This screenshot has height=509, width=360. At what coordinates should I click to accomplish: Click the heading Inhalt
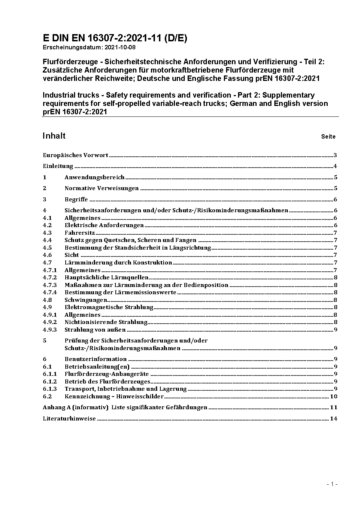click(x=54, y=136)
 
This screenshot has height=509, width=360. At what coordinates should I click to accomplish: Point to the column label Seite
click(x=328, y=137)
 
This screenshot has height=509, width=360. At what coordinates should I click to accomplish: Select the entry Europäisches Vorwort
click(x=75, y=155)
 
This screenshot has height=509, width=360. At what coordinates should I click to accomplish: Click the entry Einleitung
click(x=58, y=167)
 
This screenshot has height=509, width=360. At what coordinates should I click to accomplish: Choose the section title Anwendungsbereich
click(x=94, y=177)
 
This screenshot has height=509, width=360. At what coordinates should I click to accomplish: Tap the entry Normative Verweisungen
click(x=102, y=188)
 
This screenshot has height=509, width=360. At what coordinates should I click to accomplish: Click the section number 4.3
click(x=47, y=233)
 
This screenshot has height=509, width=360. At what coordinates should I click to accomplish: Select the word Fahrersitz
click(x=79, y=233)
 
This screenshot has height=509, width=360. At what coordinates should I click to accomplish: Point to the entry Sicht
click(x=71, y=255)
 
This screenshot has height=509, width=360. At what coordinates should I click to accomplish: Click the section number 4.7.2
click(x=50, y=278)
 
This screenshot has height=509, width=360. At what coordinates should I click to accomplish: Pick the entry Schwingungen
click(x=86, y=300)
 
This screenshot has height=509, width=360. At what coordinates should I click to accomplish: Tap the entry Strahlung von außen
click(x=95, y=330)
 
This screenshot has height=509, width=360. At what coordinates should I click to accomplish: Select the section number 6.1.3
click(x=50, y=389)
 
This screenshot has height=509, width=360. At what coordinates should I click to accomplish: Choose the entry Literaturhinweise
click(x=69, y=419)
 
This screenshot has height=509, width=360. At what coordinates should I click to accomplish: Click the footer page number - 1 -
click(x=332, y=484)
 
